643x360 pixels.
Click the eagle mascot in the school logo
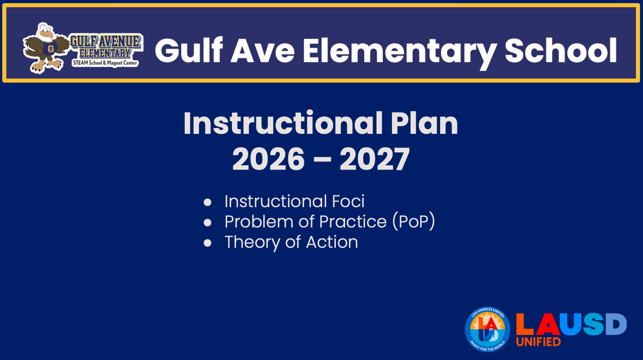pos(46,48)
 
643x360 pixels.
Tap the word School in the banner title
pos(561,50)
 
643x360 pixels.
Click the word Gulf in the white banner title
pos(189,50)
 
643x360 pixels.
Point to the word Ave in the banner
pos(263,51)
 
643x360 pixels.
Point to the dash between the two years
pos(322,159)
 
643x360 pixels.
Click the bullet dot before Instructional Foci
pos(207,202)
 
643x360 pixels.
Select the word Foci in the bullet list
pos(348,201)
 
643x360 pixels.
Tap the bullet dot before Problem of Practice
pos(207,223)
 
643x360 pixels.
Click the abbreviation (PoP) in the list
pos(414,222)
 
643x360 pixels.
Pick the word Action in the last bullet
pos(332,242)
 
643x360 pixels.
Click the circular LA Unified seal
pos(487,330)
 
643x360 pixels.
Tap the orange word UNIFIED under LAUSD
pos(538,341)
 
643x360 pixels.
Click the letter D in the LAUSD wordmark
pos(616,324)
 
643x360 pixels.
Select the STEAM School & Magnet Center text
pos(105,63)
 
